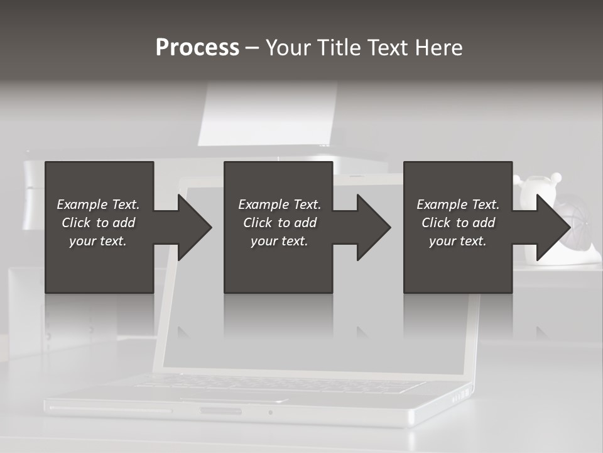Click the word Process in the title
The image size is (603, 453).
(x=197, y=48)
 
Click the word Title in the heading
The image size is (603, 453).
(x=340, y=48)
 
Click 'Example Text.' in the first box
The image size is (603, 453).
(x=98, y=204)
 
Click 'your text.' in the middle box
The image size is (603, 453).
(x=279, y=241)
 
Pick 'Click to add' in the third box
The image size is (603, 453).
(x=458, y=223)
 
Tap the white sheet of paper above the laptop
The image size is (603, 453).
(x=267, y=113)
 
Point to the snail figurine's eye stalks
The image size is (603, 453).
(x=555, y=180)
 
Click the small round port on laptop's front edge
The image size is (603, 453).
(x=270, y=413)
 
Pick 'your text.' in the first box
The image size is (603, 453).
(x=98, y=241)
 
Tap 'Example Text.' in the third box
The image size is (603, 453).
(x=458, y=204)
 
